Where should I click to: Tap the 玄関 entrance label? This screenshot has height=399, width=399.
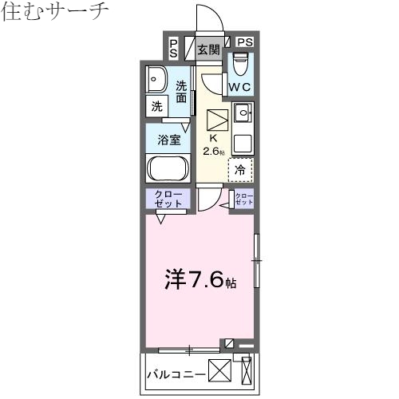pos(208,49)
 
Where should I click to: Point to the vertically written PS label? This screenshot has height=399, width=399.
pos(173,48)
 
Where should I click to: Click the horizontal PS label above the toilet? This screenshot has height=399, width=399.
pos(244,42)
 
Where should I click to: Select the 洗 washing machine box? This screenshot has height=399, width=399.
pos(156,105)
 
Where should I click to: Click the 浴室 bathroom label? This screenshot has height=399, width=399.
pos(168,139)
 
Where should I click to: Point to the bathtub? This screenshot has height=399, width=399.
pos(168,169)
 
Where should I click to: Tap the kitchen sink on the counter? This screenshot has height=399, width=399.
pos(243,111)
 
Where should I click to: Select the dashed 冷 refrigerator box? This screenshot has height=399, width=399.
pos(240,169)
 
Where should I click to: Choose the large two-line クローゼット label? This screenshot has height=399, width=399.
pos(168,199)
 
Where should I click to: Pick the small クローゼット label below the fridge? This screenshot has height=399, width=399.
pos(243,199)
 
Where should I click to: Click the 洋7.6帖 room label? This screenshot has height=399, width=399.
pos(199,280)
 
